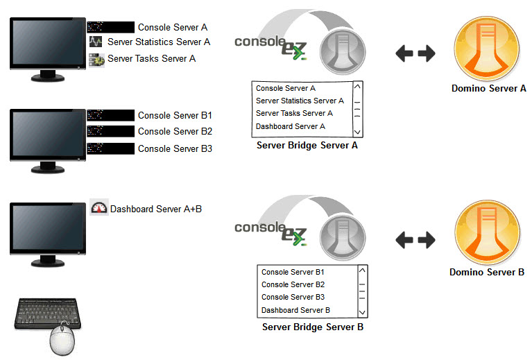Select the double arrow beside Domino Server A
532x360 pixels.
[415, 53]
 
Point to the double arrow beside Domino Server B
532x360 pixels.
[415, 240]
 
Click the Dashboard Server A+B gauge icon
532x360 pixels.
[99, 208]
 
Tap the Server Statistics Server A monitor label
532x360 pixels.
[159, 42]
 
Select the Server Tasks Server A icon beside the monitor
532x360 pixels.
[96, 60]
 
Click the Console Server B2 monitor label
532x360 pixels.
[175, 132]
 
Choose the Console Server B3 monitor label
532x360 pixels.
[175, 148]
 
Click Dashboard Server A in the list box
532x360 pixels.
[290, 126]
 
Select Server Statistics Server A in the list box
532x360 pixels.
[300, 101]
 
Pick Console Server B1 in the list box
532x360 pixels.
[293, 272]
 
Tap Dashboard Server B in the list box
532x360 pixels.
[295, 310]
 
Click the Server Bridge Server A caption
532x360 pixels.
[307, 146]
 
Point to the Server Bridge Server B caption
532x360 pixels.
[312, 327]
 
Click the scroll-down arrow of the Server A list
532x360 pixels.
[357, 131]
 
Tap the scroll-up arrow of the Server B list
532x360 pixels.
[361, 271]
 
